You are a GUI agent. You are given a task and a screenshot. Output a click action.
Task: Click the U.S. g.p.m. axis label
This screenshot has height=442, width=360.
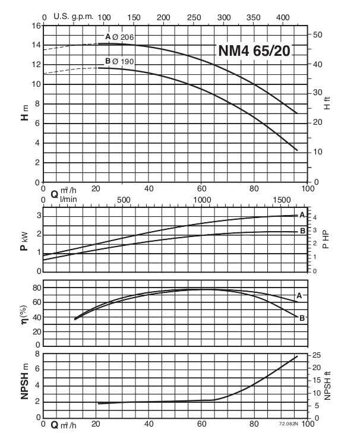tap(74, 17)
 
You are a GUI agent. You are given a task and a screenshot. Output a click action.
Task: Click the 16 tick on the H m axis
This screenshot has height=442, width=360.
tap(36, 26)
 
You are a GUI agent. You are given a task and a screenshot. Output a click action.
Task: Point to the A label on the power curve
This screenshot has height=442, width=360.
tap(302, 214)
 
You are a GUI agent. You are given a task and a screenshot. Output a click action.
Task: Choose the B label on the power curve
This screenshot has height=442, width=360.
tap(302, 231)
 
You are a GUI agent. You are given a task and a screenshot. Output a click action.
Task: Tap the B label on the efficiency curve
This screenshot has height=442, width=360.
tap(302, 318)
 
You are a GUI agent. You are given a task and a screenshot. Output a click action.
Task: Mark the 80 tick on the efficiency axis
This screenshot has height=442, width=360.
tap(36, 288)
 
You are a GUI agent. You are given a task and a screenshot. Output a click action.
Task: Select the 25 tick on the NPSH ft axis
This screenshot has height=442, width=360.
tap(317, 355)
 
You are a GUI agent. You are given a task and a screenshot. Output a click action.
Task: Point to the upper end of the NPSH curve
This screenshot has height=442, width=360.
tap(296, 356)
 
